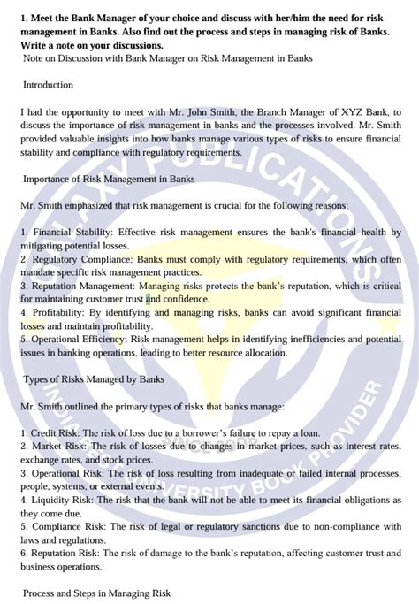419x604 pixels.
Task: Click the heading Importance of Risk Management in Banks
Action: (109, 179)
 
